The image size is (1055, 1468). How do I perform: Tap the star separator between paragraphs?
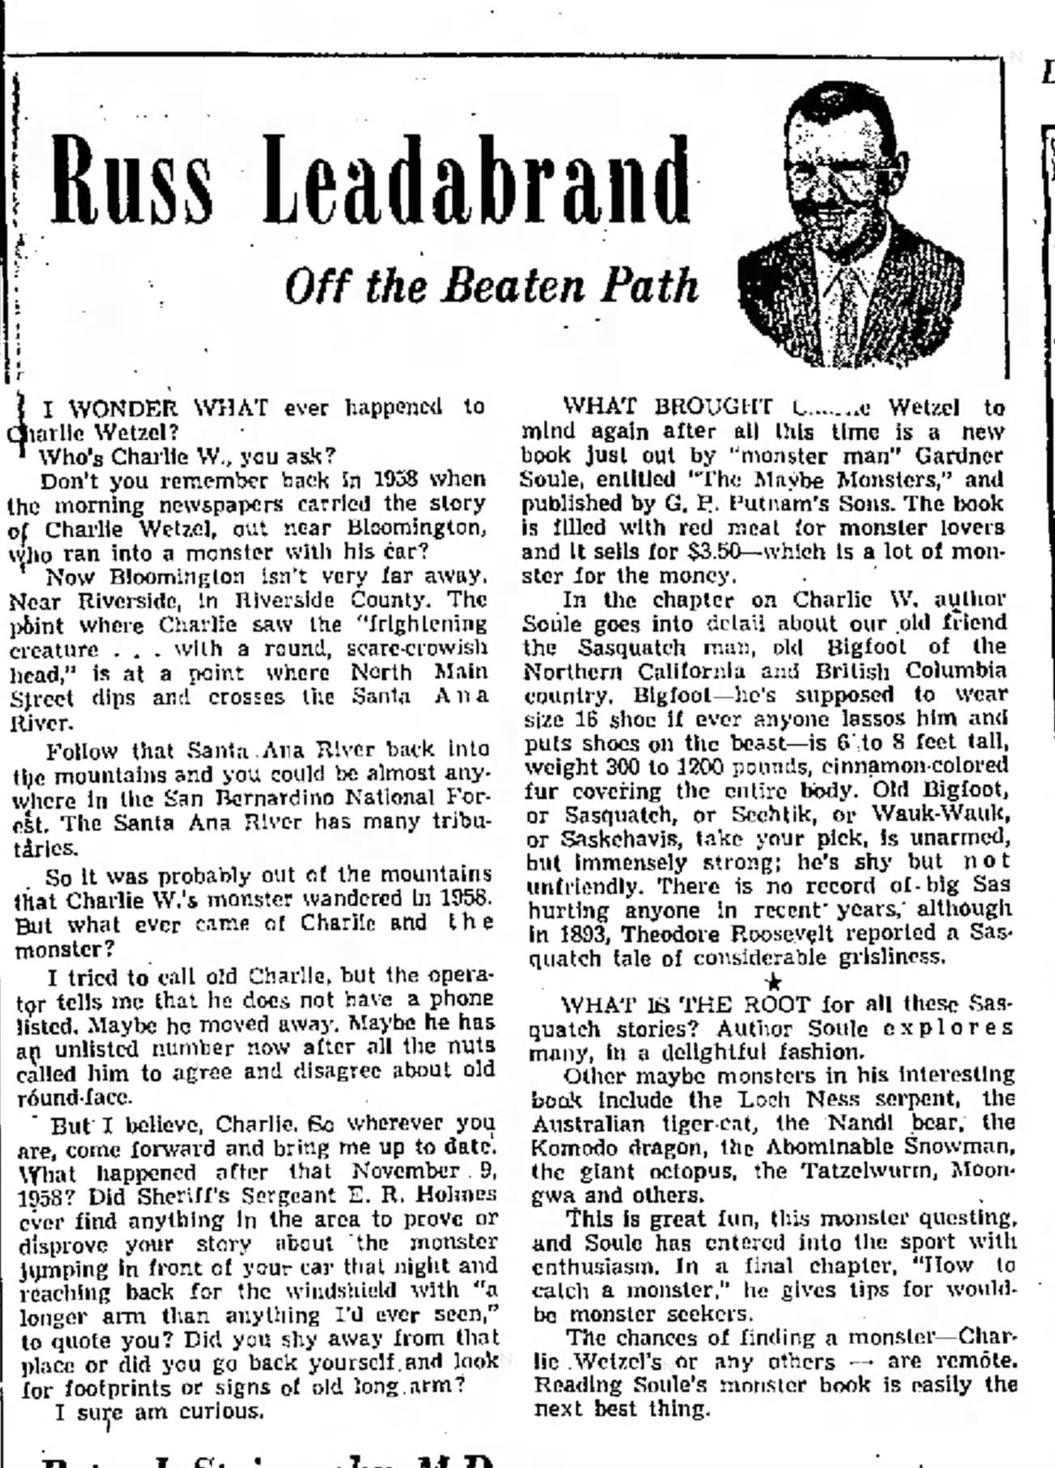(773, 981)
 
